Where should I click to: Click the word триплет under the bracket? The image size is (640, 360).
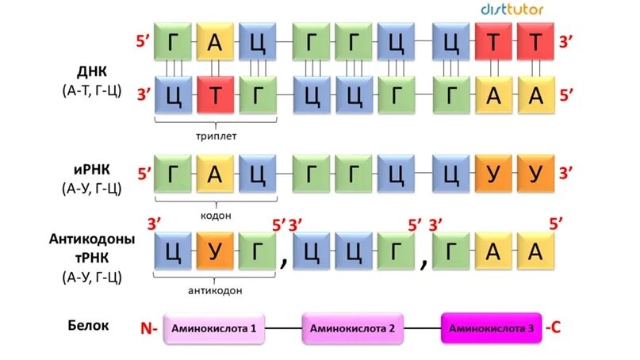coord(217,136)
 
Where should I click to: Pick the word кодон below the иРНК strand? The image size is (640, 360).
coord(217,215)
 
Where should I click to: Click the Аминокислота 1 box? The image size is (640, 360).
coord(215,327)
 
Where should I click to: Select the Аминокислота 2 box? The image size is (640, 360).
coord(352,327)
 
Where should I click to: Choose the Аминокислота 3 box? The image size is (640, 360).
coord(491,327)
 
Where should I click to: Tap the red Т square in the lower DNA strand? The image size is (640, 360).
coord(214,95)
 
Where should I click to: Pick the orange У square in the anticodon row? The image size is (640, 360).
coord(214,252)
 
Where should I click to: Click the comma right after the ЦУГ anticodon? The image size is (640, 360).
coord(282,262)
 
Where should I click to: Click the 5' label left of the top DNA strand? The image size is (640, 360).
coord(144,40)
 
